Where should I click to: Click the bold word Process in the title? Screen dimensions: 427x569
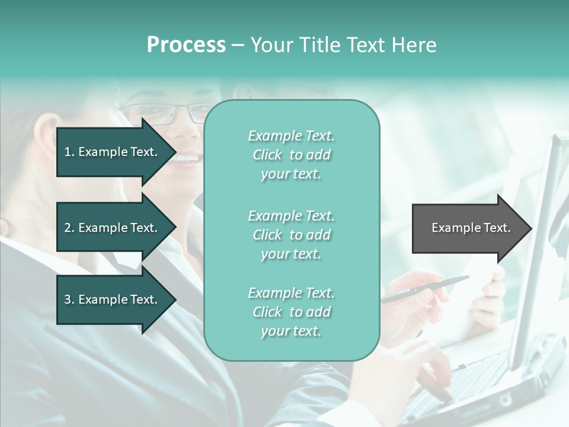point(186,45)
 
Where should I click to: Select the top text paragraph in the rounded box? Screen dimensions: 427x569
point(291,155)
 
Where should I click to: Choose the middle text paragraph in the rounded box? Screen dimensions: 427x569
point(291,235)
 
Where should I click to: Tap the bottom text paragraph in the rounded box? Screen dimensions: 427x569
point(291,312)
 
